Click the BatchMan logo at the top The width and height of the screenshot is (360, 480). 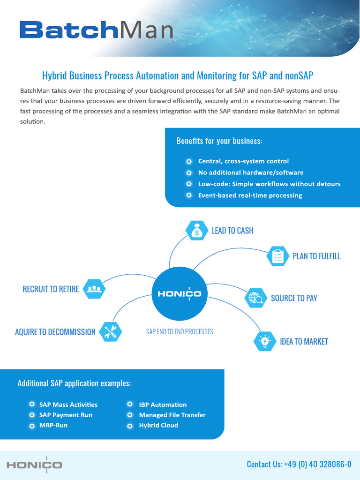click(96, 30)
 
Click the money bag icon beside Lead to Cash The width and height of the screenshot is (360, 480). click(197, 231)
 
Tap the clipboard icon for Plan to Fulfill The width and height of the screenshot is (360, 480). click(277, 256)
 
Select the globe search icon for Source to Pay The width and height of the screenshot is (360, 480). click(256, 298)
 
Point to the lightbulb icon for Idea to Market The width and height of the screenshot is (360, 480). click(265, 341)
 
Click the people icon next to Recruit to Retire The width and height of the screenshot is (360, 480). click(94, 289)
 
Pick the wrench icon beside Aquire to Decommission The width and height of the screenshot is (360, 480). click(111, 332)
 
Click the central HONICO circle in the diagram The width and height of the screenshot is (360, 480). click(179, 294)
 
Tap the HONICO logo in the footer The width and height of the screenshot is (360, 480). click(34, 465)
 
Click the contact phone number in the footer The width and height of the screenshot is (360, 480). click(299, 464)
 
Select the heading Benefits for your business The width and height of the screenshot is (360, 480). click(219, 141)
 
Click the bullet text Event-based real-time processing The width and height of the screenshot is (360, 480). click(250, 195)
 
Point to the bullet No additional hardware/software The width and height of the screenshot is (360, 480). click(251, 172)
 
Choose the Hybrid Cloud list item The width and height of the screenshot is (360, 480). click(158, 426)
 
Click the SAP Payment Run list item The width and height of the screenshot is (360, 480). click(66, 415)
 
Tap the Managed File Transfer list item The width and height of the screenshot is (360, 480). click(172, 415)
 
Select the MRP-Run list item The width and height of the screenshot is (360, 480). click(53, 426)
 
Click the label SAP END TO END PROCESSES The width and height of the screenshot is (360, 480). click(180, 332)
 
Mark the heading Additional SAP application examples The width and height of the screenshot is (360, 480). click(74, 383)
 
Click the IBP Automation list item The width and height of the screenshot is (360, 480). click(163, 405)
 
